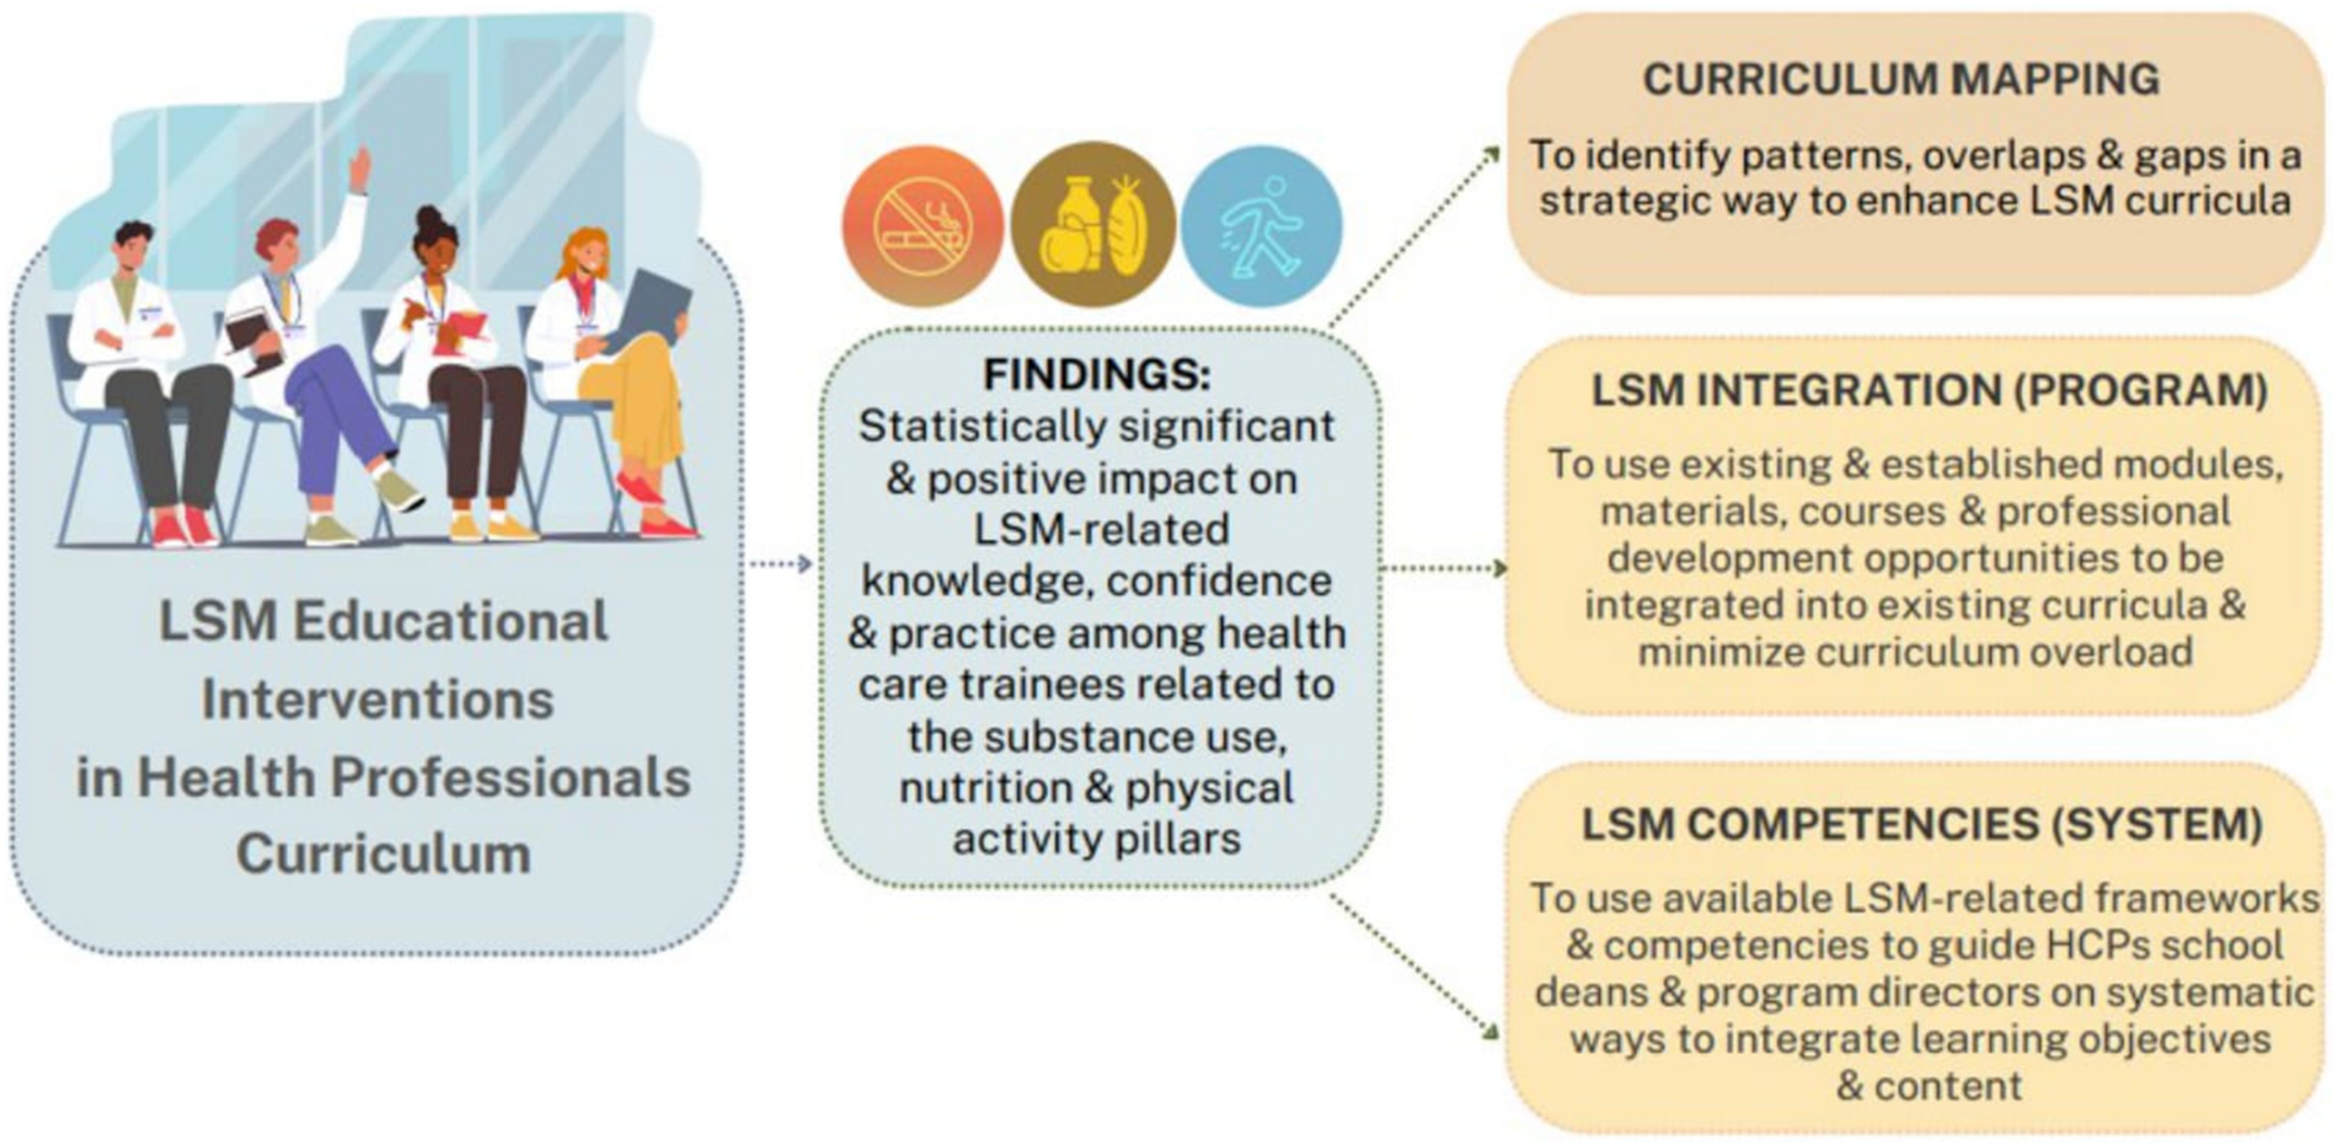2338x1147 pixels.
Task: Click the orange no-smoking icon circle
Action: tap(922, 224)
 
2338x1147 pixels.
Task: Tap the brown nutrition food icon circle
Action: tap(1093, 224)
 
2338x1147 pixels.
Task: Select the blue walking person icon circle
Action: tap(1262, 224)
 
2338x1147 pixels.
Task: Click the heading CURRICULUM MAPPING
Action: tap(1902, 80)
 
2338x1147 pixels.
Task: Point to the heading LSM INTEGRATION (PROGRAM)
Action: tap(1929, 391)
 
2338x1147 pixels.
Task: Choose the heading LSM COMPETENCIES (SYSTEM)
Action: tap(1922, 825)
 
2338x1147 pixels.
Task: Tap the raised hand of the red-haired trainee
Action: tap(360, 170)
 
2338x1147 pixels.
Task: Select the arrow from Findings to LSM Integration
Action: tap(1443, 569)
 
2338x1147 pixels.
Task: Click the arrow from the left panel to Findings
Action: tap(779, 564)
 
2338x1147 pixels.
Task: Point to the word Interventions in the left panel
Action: tap(377, 701)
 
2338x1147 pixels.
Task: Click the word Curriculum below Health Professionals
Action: tap(384, 855)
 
